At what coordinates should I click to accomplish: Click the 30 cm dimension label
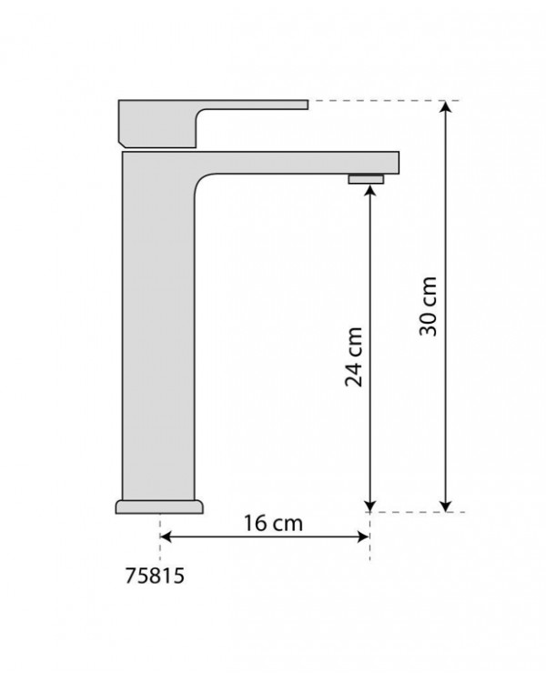[428, 306]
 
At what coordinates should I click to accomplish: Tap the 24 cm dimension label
[354, 356]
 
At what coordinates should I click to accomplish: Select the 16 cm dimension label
[273, 523]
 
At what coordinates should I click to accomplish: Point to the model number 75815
[155, 576]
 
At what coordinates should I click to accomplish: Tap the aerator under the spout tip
[366, 179]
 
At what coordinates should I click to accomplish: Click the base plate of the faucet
[159, 506]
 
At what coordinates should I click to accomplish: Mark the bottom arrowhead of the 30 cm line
[445, 506]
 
